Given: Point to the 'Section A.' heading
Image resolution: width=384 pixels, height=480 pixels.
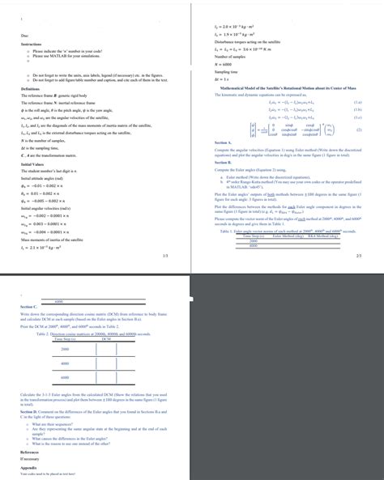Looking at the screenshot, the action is tap(224, 141).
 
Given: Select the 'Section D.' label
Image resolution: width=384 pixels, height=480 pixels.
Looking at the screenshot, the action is tap(32, 412).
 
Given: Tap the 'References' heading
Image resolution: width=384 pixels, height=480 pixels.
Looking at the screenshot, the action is tap(30, 452).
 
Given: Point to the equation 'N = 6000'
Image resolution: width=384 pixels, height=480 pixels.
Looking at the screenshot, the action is tap(224, 64).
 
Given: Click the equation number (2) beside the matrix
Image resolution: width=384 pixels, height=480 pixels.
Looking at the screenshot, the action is tap(358, 129).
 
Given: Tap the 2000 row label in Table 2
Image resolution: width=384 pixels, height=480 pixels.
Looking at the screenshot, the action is tap(64, 347).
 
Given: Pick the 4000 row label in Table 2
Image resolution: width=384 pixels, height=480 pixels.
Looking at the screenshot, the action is tap(64, 363).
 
